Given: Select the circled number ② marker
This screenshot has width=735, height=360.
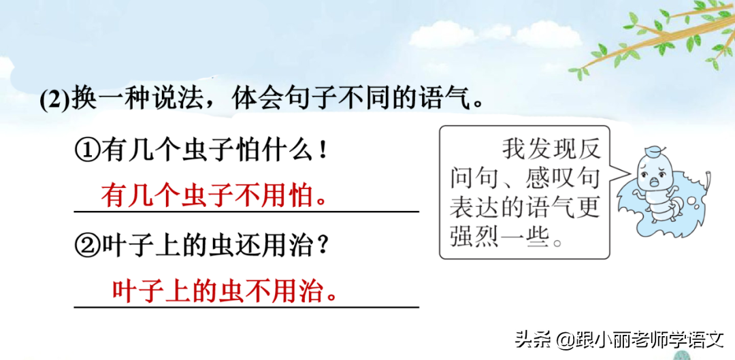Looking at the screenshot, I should (x=88, y=245).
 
